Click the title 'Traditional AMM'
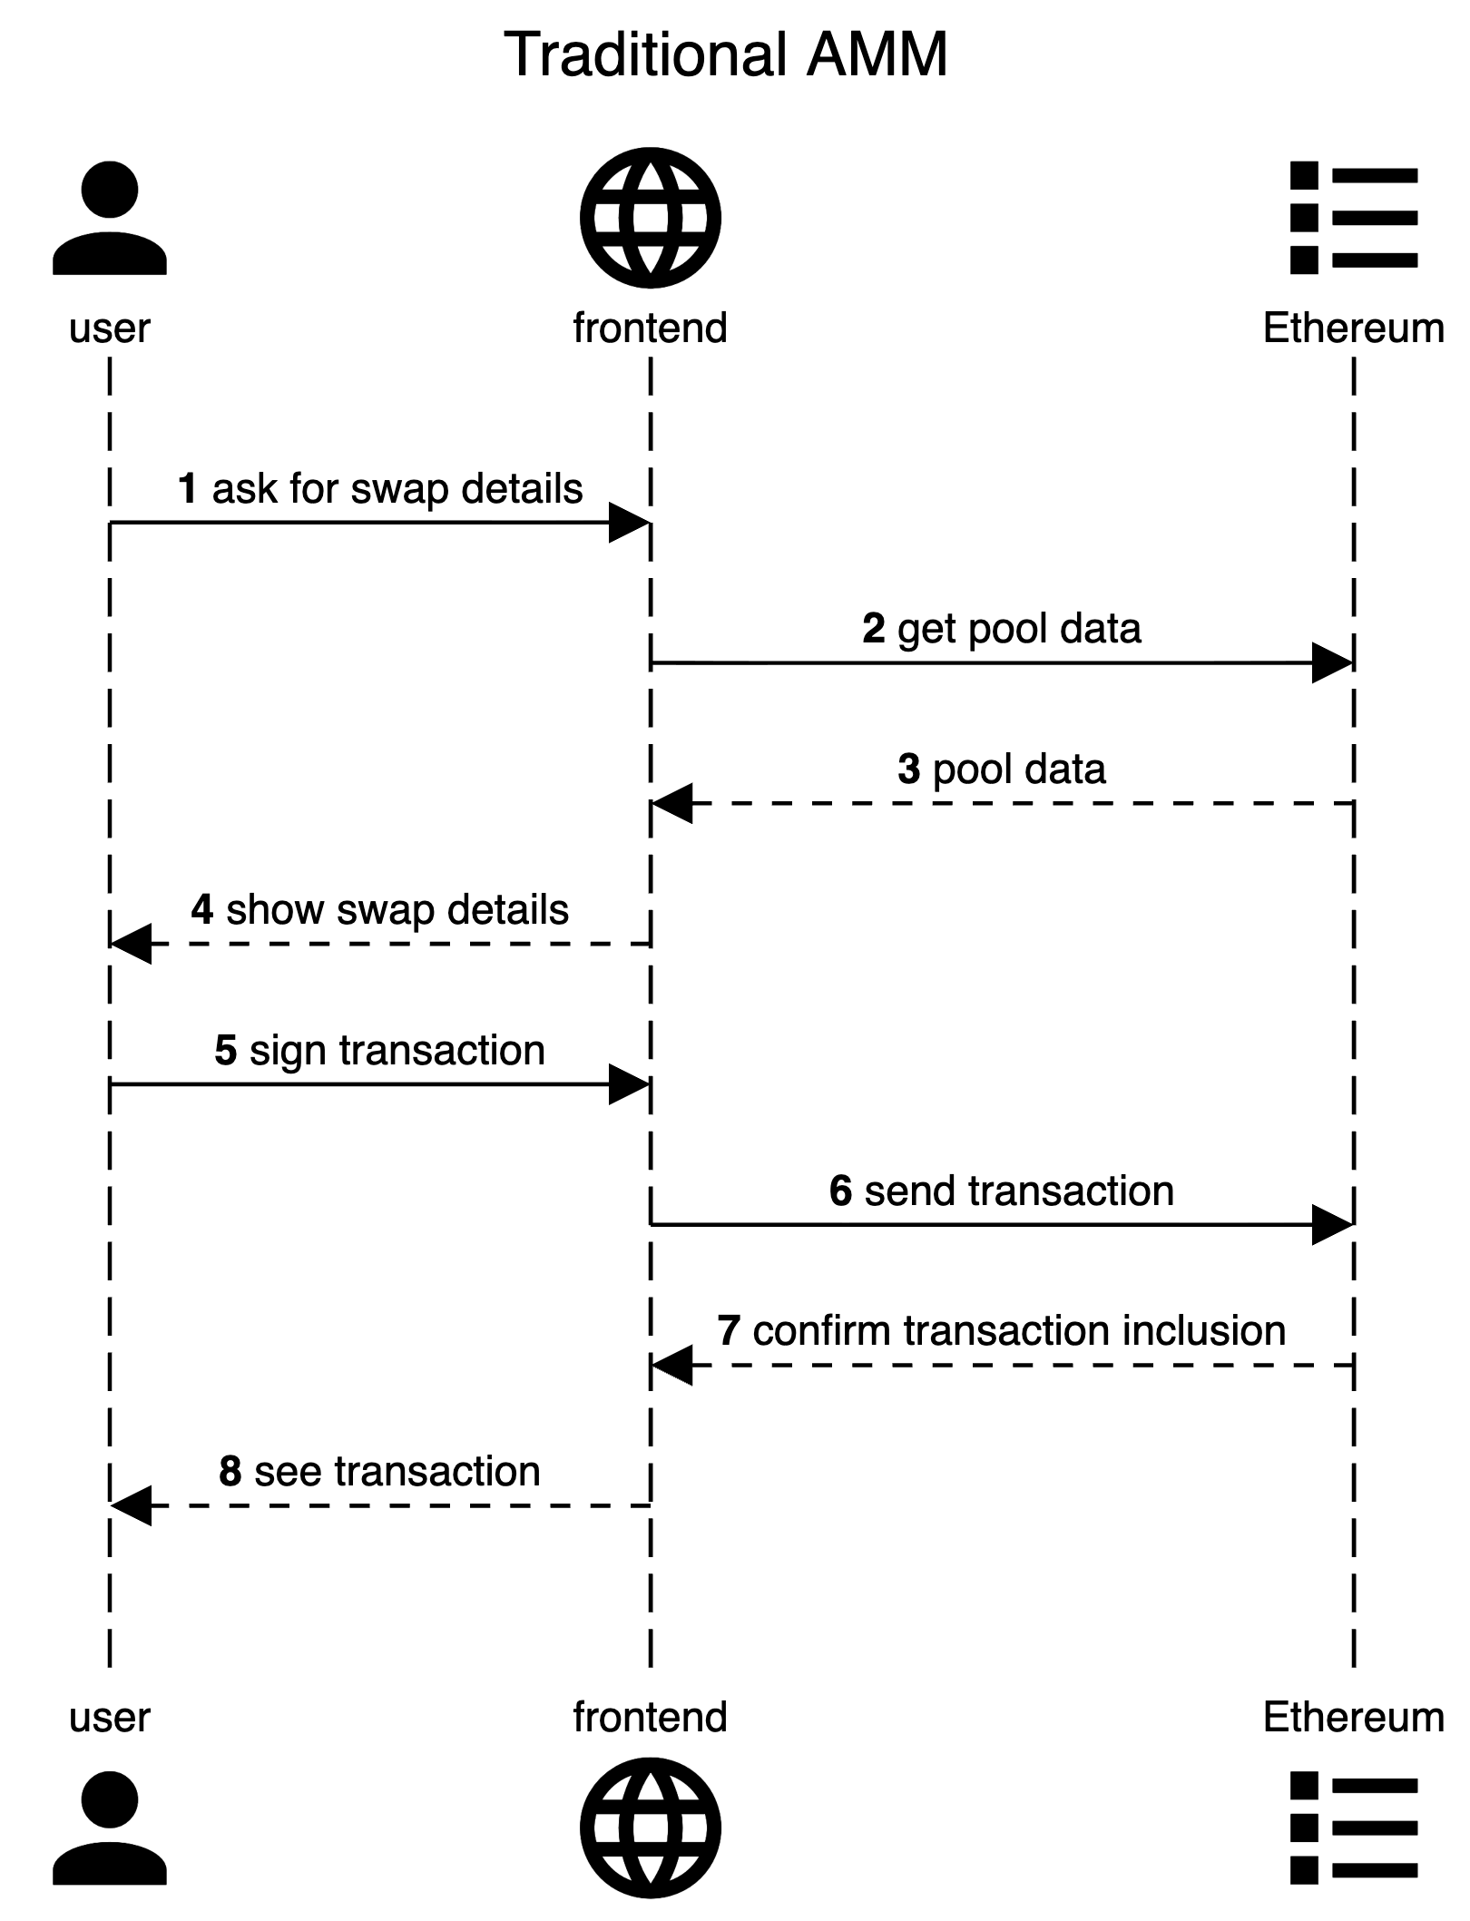pos(726,54)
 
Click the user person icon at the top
pos(110,218)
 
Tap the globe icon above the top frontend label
pos(651,218)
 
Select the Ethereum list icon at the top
pos(1354,218)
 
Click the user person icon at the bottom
pos(110,1828)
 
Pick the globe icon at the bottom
pos(651,1828)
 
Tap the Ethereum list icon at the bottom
pos(1354,1828)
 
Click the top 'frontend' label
pos(651,328)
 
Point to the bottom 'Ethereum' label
pos(1354,1717)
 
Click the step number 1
pos(188,489)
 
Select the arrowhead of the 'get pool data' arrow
pos(1333,663)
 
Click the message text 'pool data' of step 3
pos(1019,769)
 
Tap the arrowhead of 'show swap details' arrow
pos(131,944)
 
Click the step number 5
pos(226,1051)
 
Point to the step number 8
pos(230,1472)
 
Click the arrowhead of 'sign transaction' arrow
pos(629,1084)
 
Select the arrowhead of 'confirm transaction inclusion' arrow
pos(672,1365)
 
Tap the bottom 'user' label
pos(110,1717)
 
